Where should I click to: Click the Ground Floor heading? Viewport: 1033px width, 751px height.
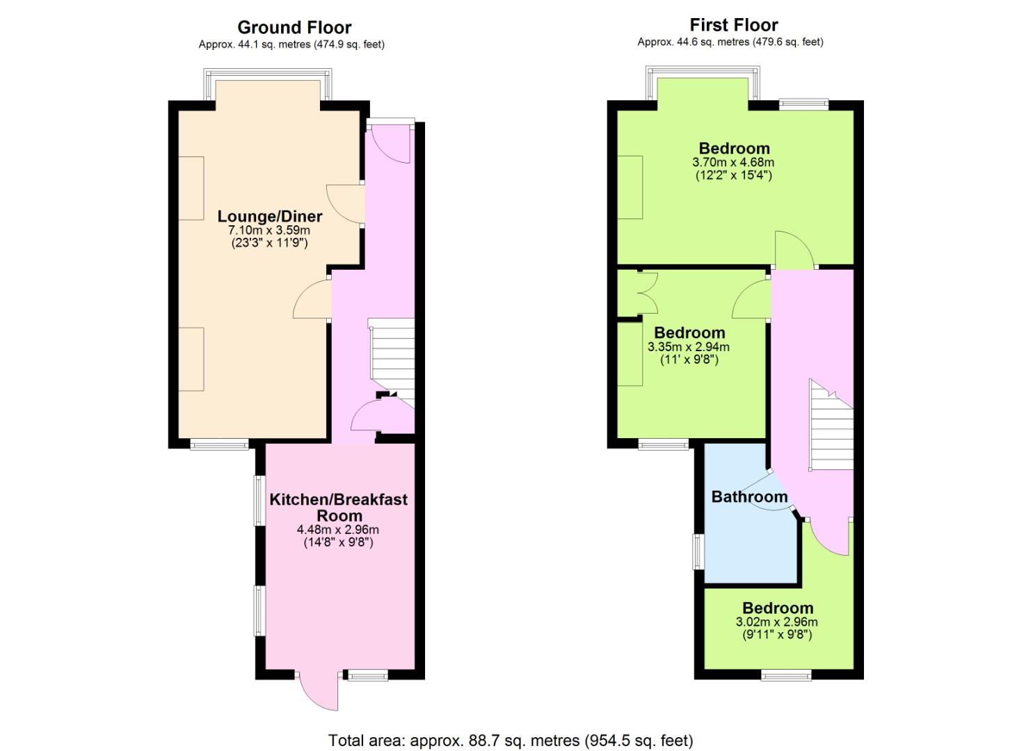coord(294,28)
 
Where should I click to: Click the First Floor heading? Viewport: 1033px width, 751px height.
coord(734,25)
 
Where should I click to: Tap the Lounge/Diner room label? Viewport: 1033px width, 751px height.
coord(270,216)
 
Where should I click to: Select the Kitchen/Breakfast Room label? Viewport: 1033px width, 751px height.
coord(339,507)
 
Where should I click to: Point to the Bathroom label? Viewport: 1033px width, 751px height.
coord(749,496)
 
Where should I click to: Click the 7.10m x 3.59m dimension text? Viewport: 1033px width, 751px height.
coord(269,230)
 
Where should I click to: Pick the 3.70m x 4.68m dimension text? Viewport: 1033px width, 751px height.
coord(733,162)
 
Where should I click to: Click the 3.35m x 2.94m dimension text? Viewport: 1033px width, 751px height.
coord(689,347)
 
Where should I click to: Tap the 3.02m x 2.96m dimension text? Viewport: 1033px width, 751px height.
coord(777,622)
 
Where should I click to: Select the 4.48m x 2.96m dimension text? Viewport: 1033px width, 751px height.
coord(338,530)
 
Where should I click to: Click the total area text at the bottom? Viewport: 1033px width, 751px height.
coord(511,741)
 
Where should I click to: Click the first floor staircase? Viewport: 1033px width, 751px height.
coord(831,425)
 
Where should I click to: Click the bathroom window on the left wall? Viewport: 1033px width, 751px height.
coord(699,551)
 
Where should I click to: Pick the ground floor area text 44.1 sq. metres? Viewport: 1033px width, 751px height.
coord(291,45)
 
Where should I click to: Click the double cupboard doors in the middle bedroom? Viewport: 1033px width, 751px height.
coord(648,293)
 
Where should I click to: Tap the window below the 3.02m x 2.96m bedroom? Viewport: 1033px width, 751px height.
coord(786,676)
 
